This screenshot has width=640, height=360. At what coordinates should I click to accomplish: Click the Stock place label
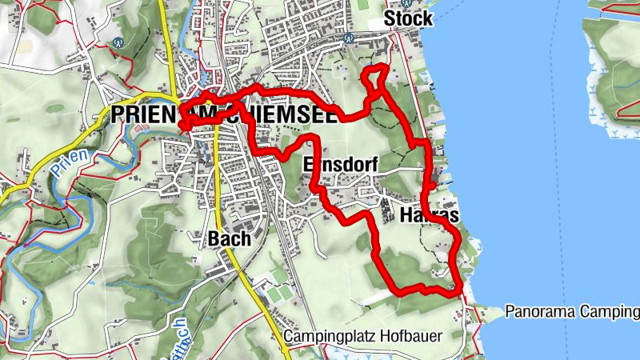tap(408, 18)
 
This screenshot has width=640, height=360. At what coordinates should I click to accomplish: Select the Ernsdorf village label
tap(340, 164)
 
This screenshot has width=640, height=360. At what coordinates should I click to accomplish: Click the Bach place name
tap(229, 238)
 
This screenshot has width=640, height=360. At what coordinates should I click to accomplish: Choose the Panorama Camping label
tap(571, 311)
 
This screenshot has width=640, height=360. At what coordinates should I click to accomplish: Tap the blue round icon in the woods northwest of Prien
tap(119, 43)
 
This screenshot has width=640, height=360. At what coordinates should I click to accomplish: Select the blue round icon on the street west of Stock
tap(348, 37)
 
